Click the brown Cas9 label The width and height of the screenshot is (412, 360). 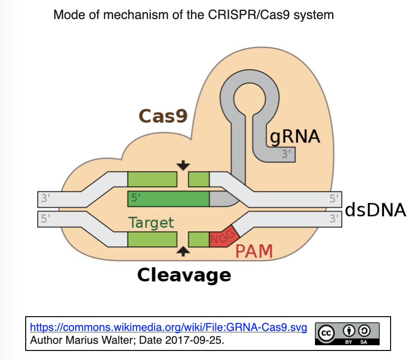163,116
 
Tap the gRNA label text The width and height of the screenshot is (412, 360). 295,136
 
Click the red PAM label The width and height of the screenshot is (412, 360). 254,251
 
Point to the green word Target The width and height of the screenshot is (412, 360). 151,222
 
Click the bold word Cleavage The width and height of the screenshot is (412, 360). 184,275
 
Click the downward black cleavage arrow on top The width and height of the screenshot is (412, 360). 183,165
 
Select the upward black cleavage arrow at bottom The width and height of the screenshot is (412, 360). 183,251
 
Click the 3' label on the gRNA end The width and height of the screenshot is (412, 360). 286,154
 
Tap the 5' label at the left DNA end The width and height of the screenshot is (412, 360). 46,219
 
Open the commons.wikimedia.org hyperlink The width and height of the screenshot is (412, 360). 168,328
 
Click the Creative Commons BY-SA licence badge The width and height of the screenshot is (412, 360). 347,334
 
